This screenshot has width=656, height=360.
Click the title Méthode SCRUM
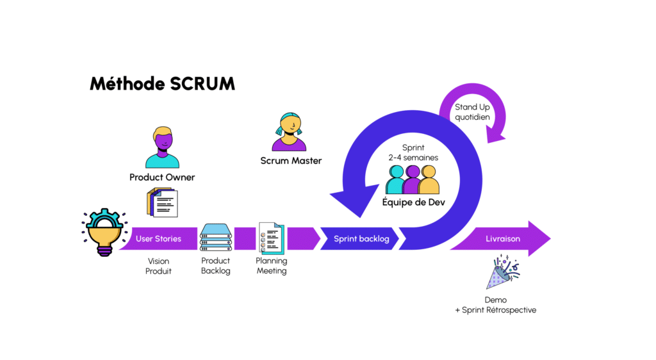click(x=162, y=84)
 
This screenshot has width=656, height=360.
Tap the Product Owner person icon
click(x=162, y=147)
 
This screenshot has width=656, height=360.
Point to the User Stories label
click(x=158, y=239)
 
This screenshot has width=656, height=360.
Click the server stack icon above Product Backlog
click(x=215, y=238)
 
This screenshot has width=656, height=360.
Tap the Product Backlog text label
click(x=215, y=266)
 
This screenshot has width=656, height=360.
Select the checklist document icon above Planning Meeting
click(x=271, y=238)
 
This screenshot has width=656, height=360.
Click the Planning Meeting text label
click(x=272, y=266)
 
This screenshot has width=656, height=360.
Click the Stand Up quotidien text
click(x=472, y=112)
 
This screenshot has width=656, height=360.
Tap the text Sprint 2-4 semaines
click(x=413, y=152)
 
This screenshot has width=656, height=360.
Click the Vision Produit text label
click(x=159, y=266)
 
